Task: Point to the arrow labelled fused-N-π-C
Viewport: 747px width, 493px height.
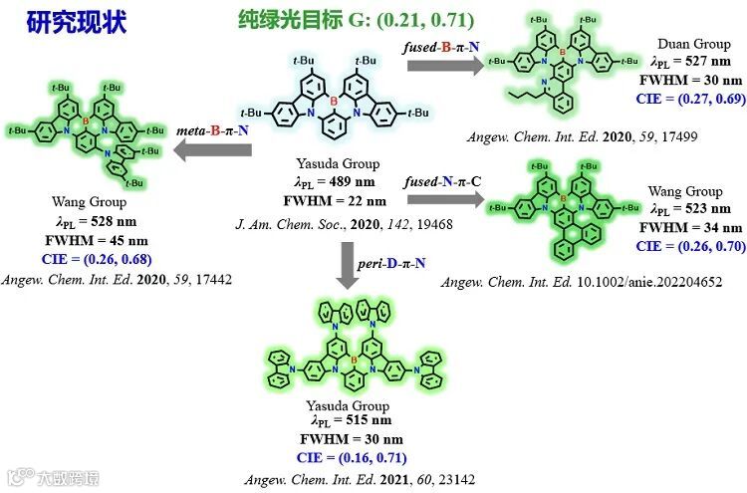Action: [444, 198]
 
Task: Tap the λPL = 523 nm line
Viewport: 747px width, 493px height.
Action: [685, 208]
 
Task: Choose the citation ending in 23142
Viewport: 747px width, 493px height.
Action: [360, 479]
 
